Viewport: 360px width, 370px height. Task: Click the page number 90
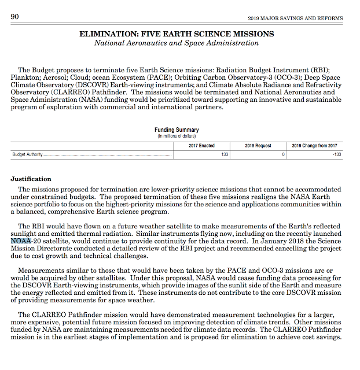click(x=16, y=16)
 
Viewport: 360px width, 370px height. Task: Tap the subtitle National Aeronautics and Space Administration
click(x=177, y=43)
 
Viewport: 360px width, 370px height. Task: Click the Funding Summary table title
click(x=177, y=130)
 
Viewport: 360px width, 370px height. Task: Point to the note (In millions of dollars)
click(x=177, y=136)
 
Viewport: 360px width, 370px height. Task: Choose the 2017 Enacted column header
click(x=201, y=145)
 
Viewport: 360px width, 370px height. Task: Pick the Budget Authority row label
click(x=29, y=155)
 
